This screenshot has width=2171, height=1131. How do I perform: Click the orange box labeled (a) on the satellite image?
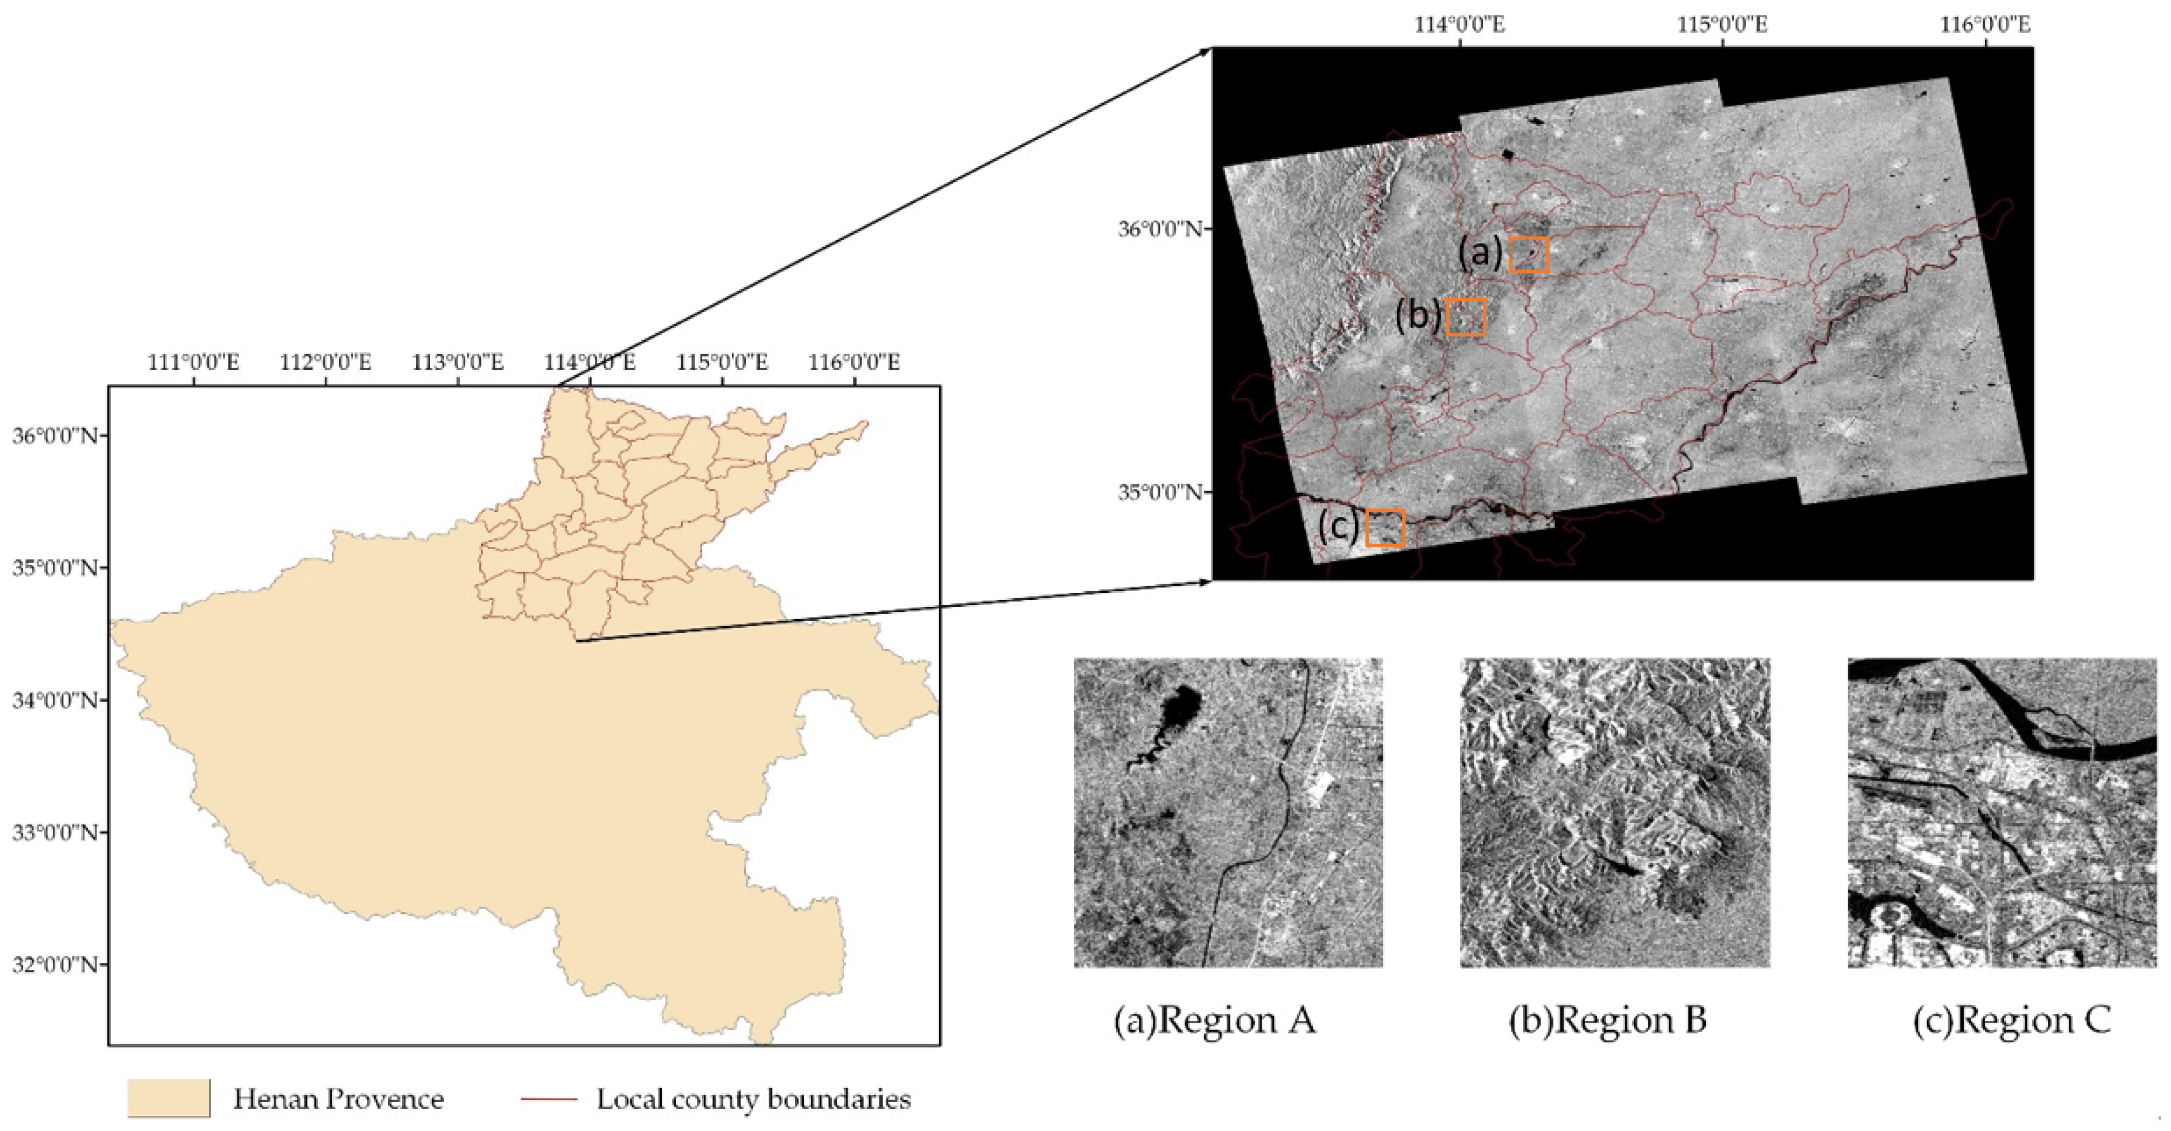1529,254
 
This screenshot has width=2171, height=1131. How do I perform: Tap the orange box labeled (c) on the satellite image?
1384,529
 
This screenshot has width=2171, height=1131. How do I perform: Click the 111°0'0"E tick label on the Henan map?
193,362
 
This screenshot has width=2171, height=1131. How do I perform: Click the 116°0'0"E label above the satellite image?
1985,24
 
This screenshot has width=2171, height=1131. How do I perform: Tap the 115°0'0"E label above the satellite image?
1722,24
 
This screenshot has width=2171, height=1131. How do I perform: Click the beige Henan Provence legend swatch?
168,1098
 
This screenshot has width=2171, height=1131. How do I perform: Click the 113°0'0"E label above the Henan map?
458,362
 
